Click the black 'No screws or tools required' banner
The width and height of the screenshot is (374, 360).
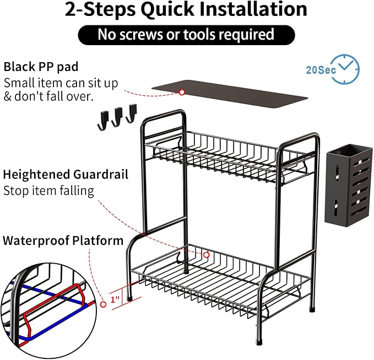(x=186, y=35)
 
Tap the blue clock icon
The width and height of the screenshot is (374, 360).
(x=346, y=69)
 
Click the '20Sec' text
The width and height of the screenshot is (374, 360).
(x=321, y=70)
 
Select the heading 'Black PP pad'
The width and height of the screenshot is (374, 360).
(x=41, y=67)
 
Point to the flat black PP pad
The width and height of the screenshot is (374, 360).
(x=230, y=94)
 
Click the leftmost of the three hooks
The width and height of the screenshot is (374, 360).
(x=103, y=121)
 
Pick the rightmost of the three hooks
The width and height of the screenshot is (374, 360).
(x=132, y=113)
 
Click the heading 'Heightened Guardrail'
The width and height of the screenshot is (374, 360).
(x=66, y=174)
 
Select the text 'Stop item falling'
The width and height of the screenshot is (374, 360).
(x=48, y=191)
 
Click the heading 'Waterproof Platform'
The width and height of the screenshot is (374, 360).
(x=63, y=241)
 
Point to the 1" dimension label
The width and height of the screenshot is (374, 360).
(x=115, y=299)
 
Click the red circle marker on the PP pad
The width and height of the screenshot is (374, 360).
(x=182, y=92)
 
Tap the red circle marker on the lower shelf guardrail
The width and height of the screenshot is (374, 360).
(x=207, y=255)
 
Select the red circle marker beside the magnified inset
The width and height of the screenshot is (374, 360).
(x=104, y=304)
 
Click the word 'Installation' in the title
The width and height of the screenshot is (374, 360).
(x=253, y=9)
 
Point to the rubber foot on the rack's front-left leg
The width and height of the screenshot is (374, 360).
(x=129, y=297)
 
